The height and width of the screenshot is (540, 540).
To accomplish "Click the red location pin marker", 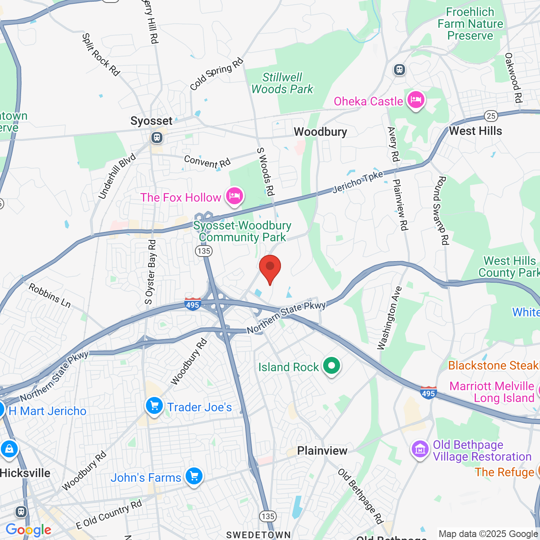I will point(270,268).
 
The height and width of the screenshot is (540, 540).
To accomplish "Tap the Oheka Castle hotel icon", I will point(416,100).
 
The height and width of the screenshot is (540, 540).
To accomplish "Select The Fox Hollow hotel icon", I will point(234,196).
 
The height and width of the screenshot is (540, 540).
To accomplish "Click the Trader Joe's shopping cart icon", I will point(154,406).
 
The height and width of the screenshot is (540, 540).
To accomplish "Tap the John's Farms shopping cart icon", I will point(194,477).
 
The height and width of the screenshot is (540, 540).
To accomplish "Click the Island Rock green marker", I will point(332,366).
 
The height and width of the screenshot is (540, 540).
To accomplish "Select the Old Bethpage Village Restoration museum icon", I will point(420,450).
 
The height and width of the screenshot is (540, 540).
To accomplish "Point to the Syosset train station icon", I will point(157,138).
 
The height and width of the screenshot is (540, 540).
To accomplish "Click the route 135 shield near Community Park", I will point(204,251).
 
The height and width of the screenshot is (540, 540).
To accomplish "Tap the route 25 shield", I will point(491,116).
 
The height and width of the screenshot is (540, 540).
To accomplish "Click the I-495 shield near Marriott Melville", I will point(428,392).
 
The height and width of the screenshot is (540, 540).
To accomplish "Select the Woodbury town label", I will point(320,132).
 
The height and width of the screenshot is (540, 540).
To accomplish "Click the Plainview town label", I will point(322,451).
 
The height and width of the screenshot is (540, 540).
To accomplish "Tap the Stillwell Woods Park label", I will point(282,83).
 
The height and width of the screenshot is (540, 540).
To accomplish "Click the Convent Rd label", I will point(207,162).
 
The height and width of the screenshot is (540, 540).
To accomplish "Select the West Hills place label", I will point(475,131).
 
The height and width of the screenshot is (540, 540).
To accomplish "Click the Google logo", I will point(28,530).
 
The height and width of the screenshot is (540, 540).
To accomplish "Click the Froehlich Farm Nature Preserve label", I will point(470,24).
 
